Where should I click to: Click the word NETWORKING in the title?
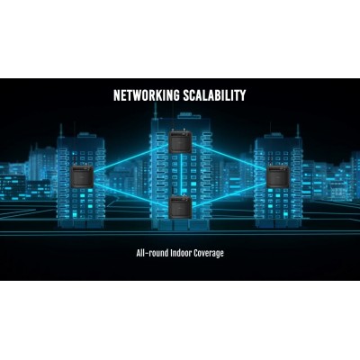click(x=146, y=95)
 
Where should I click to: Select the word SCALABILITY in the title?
click(x=214, y=95)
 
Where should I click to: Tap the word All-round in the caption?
click(x=152, y=253)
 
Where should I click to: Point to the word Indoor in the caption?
click(x=181, y=253)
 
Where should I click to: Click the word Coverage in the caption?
click(x=209, y=254)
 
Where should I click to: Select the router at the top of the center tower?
click(x=180, y=142)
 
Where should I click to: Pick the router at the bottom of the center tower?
click(x=180, y=207)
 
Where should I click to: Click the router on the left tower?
click(x=83, y=175)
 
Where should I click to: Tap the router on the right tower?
click(x=278, y=177)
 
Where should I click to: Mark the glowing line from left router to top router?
click(x=131, y=157)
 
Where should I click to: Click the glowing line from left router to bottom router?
click(x=131, y=194)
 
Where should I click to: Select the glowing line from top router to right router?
click(x=229, y=157)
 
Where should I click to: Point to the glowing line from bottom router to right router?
click(x=229, y=195)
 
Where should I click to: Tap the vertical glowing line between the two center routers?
click(x=181, y=175)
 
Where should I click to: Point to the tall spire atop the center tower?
click(x=156, y=112)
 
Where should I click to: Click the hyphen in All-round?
click(x=145, y=254)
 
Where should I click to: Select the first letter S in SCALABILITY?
click(x=186, y=95)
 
